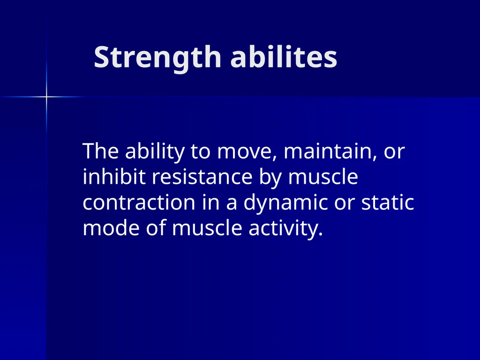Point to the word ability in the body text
coord(150,152)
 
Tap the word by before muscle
coord(269,178)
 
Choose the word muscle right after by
coord(323,177)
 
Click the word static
coord(388,202)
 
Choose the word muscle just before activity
coord(202,228)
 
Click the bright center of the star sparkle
coord(46,97)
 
